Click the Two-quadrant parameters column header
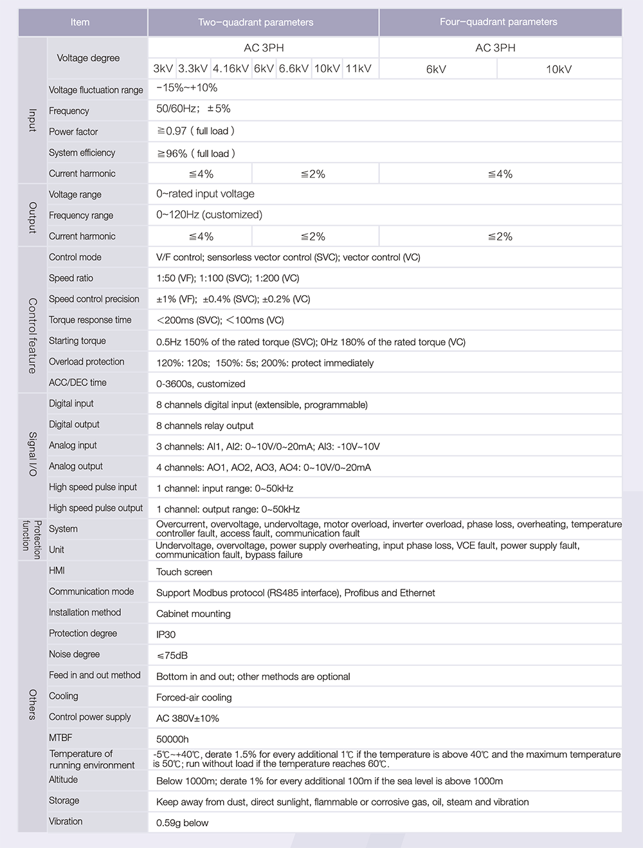click(x=256, y=23)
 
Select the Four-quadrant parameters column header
click(x=498, y=22)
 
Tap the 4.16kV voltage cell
click(x=231, y=69)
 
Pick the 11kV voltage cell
click(x=358, y=69)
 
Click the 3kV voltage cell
click(x=163, y=69)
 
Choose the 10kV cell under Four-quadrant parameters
click(x=559, y=69)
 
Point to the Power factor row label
click(x=73, y=132)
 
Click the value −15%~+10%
click(x=187, y=88)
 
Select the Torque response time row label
click(x=90, y=320)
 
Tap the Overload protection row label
click(x=86, y=362)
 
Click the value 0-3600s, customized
click(x=201, y=384)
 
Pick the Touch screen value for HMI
click(x=184, y=572)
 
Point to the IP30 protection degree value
click(x=166, y=634)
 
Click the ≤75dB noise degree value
click(x=172, y=656)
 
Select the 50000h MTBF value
click(x=172, y=739)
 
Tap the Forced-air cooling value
click(x=194, y=697)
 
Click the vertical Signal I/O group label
click(x=32, y=454)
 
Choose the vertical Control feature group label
click(x=32, y=335)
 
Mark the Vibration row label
click(x=66, y=822)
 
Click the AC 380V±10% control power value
click(x=188, y=719)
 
